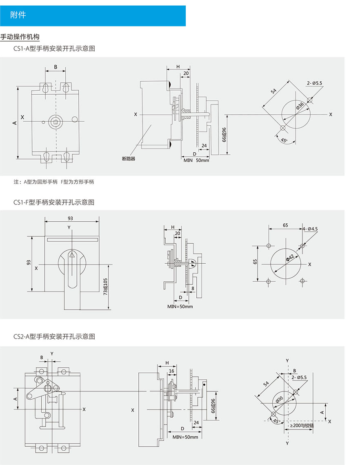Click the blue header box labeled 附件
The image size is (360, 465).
93,16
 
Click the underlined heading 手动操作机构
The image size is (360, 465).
20,37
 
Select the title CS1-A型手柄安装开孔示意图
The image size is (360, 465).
54,49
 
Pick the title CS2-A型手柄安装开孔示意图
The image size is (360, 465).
54,337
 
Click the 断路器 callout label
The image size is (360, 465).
128,158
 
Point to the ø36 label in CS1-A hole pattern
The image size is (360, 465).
300,107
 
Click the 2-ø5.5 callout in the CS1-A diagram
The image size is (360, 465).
315,83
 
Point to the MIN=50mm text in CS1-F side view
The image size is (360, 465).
180,306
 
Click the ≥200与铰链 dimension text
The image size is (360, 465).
302,425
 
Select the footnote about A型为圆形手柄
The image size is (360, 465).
53,182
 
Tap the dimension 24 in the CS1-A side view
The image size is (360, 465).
204,145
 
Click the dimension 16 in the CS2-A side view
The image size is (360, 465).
171,371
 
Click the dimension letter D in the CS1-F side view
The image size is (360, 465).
180,297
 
